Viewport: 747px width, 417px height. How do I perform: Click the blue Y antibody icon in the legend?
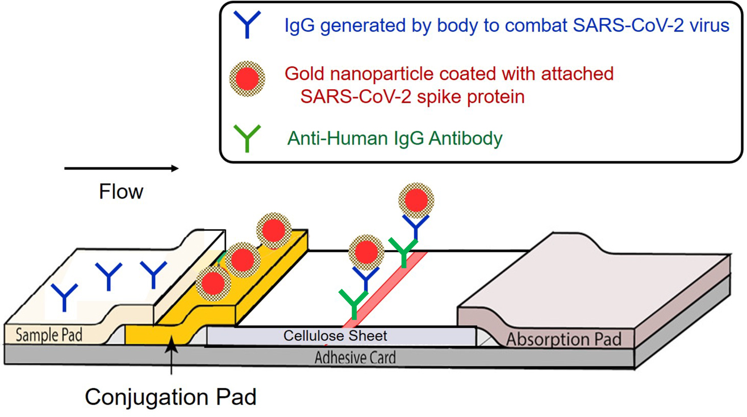[x=247, y=24]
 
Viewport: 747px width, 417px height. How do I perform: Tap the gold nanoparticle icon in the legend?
[x=248, y=79]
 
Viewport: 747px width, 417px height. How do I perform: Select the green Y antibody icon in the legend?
[x=247, y=138]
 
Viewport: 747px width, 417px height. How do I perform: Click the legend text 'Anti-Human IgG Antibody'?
[x=395, y=138]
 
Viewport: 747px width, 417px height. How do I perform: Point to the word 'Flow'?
[x=121, y=192]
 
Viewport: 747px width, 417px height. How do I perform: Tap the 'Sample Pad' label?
[x=49, y=335]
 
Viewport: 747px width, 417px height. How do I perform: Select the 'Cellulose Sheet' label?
[x=335, y=336]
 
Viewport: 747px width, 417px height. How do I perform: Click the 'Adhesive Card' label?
[x=355, y=357]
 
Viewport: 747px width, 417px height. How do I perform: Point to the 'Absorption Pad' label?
[x=564, y=339]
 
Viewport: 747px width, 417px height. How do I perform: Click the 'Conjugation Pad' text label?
[x=170, y=397]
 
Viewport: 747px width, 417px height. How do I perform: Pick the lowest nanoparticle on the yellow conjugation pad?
[x=214, y=282]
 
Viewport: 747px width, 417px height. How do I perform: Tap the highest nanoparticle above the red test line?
[x=416, y=200]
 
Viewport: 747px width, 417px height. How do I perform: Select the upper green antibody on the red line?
[x=403, y=252]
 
